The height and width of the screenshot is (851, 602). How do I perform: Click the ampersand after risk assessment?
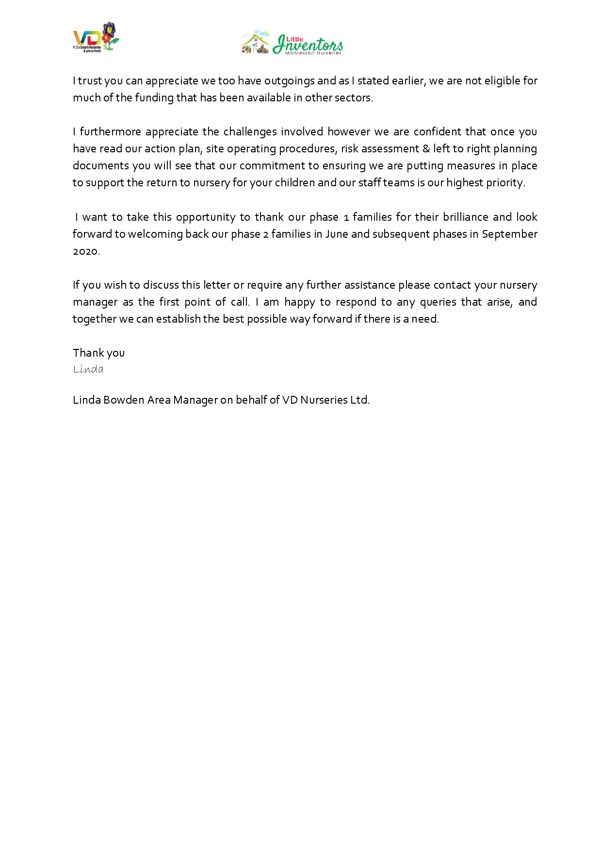point(426,149)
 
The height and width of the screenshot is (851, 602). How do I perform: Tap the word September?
point(509,234)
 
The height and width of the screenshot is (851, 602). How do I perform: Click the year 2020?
point(86,251)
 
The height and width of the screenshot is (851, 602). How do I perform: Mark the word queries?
point(439,302)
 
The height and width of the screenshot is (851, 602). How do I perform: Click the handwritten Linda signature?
point(88,370)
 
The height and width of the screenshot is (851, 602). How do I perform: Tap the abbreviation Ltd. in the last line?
point(360,400)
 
